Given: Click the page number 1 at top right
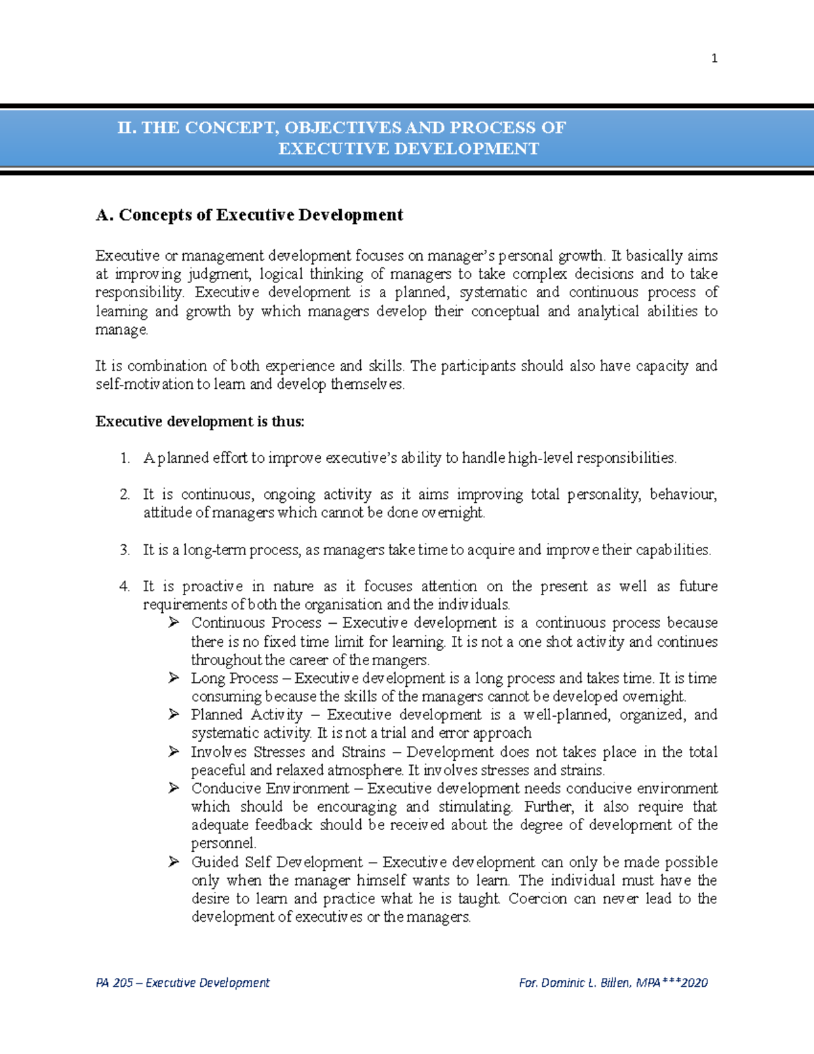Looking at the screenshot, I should point(714,58).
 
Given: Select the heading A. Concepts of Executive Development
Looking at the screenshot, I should point(249,215).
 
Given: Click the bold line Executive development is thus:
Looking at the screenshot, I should point(199,421).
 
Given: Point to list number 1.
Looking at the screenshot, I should point(125,458).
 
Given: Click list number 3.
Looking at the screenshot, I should point(125,550).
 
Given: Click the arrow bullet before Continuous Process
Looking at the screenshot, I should point(174,622).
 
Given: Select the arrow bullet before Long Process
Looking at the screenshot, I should point(174,677).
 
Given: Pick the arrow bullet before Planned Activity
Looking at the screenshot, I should point(174,714).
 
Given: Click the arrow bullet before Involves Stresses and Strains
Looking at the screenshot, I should point(174,751).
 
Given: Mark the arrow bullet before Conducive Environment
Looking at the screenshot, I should point(174,788).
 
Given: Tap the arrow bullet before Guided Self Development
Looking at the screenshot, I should point(174,862).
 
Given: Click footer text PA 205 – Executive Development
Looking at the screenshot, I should point(182,983).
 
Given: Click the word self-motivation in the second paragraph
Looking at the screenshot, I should point(144,384).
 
